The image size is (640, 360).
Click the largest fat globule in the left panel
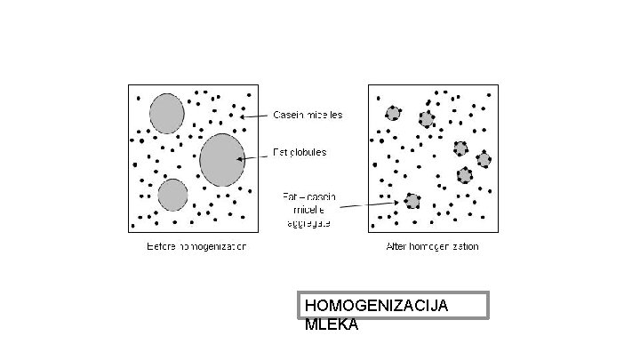pyautogui.click(x=221, y=160)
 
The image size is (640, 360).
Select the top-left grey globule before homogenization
pyautogui.click(x=166, y=113)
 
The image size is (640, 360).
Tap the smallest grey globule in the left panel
pyautogui.click(x=172, y=195)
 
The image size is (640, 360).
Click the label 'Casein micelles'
pyautogui.click(x=307, y=115)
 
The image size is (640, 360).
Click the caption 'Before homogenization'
pyautogui.click(x=196, y=245)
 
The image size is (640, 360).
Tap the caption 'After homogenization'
pyautogui.click(x=433, y=245)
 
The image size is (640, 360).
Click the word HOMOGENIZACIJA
pyautogui.click(x=376, y=306)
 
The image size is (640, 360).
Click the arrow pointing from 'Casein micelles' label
pyautogui.click(x=255, y=116)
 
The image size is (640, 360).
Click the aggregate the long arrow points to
pyautogui.click(x=412, y=201)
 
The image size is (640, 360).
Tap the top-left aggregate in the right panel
pyautogui.click(x=393, y=113)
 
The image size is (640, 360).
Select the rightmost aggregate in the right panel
pyautogui.click(x=484, y=160)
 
